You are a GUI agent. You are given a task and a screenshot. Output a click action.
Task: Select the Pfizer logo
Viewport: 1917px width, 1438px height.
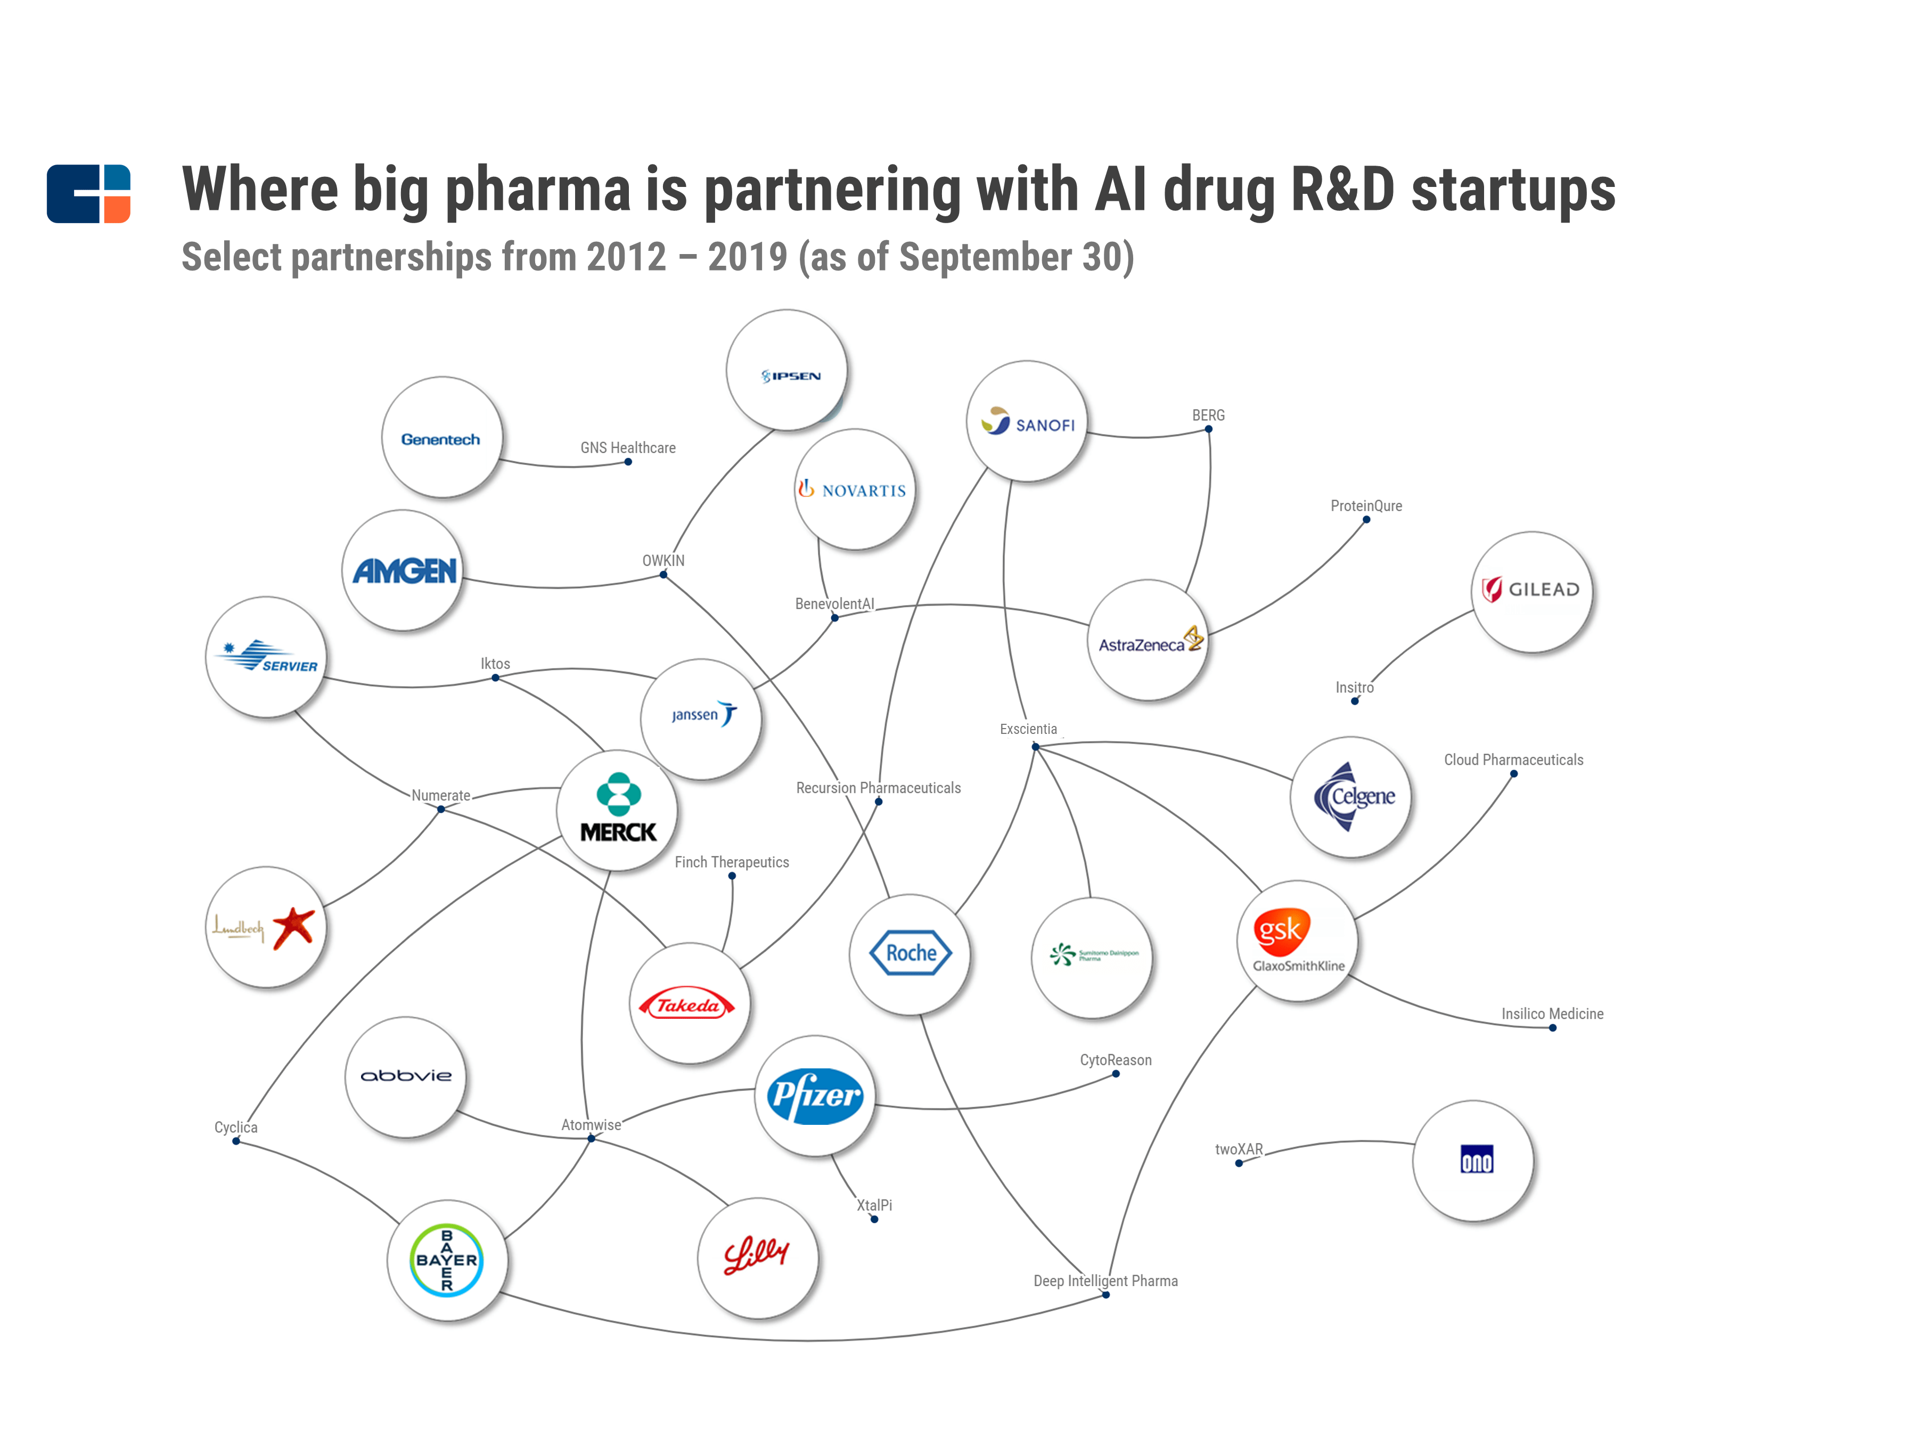(815, 1096)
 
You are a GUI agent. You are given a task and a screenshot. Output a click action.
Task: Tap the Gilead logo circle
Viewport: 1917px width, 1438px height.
(1531, 591)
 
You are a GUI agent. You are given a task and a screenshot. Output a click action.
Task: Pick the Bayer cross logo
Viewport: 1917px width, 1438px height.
(446, 1260)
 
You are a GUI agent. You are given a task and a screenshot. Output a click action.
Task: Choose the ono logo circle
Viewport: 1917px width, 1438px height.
(1473, 1161)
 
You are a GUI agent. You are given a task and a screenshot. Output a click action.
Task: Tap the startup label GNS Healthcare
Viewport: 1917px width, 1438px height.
(627, 447)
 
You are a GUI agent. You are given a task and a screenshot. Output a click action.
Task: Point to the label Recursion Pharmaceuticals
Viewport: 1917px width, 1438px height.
(878, 788)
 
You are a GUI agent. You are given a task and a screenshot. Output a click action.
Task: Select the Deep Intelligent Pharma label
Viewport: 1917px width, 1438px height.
(1105, 1280)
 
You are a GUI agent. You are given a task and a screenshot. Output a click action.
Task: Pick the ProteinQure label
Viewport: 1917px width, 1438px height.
(1366, 505)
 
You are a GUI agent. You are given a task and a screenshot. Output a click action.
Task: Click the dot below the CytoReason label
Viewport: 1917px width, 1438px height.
(1116, 1074)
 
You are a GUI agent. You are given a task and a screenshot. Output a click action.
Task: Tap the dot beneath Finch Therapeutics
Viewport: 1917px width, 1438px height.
(732, 876)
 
